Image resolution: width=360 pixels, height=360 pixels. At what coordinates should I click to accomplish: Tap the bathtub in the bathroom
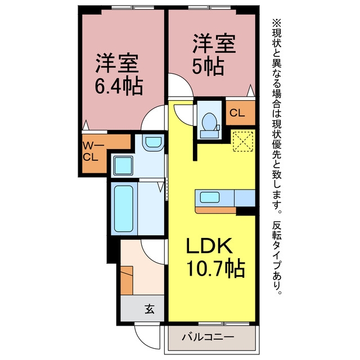(124, 209)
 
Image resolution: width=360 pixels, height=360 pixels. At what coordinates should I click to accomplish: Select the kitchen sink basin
(209, 197)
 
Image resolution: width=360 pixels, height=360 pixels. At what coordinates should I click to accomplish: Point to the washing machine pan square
(124, 166)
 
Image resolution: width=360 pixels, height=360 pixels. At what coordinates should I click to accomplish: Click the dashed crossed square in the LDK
(243, 141)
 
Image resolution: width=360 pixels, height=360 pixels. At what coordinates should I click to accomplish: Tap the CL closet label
(237, 113)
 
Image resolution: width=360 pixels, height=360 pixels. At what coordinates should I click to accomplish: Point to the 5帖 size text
(208, 67)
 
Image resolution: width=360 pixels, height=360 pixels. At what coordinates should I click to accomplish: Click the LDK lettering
(209, 246)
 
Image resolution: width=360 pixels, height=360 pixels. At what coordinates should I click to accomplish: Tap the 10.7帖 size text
(215, 269)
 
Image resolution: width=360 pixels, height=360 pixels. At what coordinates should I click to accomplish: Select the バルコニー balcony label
(208, 337)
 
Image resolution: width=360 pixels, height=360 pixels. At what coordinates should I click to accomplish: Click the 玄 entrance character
(150, 309)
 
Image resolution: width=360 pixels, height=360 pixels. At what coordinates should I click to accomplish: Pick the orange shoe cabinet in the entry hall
(127, 280)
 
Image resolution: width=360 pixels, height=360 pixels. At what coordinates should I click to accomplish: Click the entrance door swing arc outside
(147, 337)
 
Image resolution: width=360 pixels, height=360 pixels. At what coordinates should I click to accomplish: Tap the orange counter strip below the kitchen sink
(215, 210)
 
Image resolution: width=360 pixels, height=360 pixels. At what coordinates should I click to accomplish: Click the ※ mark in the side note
(277, 23)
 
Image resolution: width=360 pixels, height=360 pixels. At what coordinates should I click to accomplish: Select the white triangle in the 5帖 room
(251, 90)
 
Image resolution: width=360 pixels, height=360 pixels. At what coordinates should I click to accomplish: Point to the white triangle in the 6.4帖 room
(85, 125)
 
